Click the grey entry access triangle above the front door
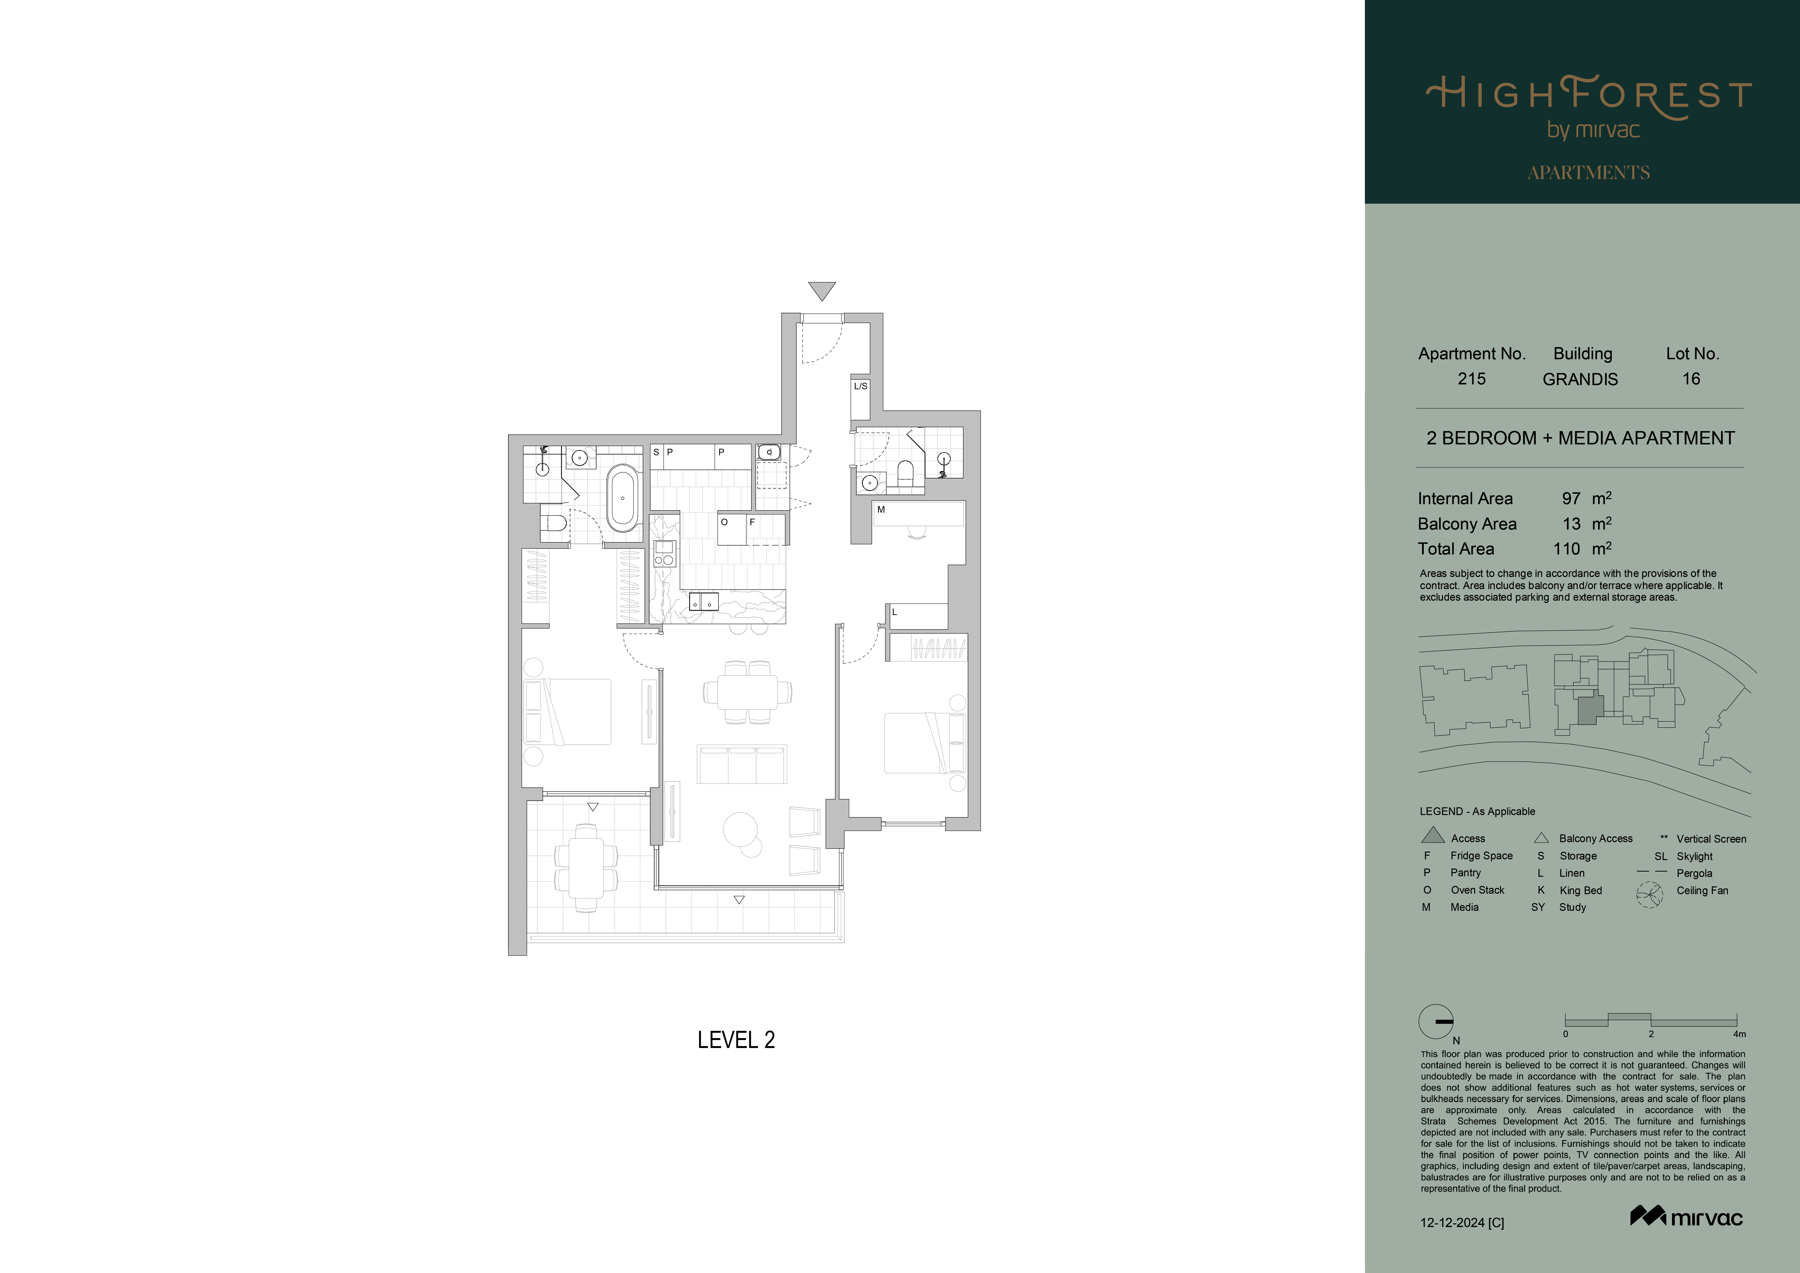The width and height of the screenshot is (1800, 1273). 822,290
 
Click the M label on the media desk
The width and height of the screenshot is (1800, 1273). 881,509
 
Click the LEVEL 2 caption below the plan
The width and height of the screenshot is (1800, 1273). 736,1040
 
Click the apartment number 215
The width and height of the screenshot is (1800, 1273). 1471,379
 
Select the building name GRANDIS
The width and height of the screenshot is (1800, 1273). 1580,379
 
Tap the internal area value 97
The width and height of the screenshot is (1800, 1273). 1571,499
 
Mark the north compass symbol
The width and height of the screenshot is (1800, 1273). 1436,1021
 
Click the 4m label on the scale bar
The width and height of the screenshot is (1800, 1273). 1740,1034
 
